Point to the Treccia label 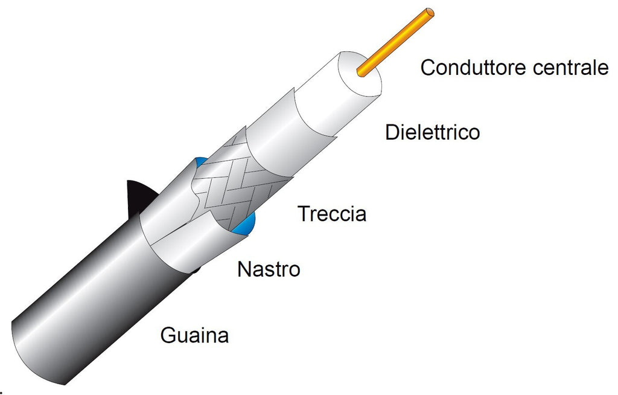(333, 213)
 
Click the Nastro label (269, 269)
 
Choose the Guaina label (194, 335)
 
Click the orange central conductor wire (395, 42)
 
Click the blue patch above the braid (200, 161)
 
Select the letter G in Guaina (168, 335)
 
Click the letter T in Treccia (304, 213)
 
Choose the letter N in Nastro (244, 269)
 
